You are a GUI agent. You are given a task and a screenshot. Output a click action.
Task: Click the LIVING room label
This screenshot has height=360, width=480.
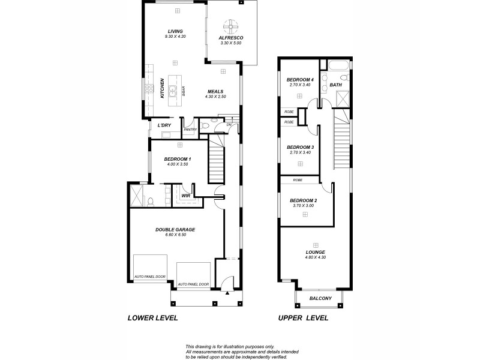point(175,31)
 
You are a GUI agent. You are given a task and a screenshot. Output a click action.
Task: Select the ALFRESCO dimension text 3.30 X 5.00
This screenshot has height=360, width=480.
point(231,43)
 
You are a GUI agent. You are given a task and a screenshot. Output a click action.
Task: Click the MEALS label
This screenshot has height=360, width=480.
point(215,92)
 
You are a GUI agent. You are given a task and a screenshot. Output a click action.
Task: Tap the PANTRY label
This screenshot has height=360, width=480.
point(190,129)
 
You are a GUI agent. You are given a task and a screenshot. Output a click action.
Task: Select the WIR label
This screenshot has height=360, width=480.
point(185,196)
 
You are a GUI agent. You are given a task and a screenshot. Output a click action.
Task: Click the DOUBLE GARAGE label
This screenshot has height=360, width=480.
point(175,229)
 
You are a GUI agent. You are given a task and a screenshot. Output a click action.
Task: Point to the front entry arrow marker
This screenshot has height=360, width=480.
point(227,294)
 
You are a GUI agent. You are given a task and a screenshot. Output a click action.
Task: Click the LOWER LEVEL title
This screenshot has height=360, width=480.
point(153,318)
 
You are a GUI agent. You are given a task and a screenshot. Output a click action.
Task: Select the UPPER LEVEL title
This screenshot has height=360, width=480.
point(303,318)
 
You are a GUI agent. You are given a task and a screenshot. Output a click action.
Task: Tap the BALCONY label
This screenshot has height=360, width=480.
point(320,298)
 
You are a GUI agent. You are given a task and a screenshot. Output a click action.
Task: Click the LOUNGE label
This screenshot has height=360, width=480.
point(315,252)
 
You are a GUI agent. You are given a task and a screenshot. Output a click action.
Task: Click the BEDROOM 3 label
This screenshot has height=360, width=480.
point(300,147)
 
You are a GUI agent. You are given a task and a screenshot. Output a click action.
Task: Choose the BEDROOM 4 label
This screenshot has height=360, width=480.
point(300,80)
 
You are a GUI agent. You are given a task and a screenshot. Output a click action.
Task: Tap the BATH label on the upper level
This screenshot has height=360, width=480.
point(335,85)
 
